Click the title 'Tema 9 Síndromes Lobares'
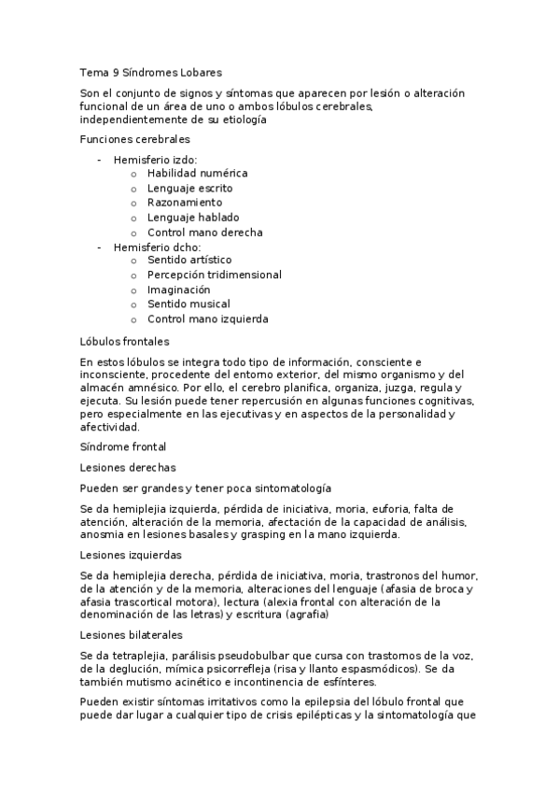click(x=151, y=72)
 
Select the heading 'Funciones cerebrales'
click(x=134, y=139)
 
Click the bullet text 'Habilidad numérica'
click(x=197, y=174)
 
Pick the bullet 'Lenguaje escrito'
click(x=189, y=188)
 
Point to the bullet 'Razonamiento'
click(x=185, y=203)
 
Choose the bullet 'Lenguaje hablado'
click(x=192, y=218)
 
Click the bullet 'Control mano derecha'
click(x=204, y=233)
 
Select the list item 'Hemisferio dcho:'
click(x=157, y=247)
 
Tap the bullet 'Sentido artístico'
click(x=189, y=260)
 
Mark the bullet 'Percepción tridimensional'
click(x=214, y=275)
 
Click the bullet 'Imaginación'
click(x=178, y=290)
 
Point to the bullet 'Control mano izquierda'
click(x=207, y=319)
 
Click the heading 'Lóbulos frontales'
click(x=124, y=342)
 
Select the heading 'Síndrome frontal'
click(x=123, y=447)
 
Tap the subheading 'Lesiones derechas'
click(x=128, y=467)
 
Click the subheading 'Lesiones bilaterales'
click(x=132, y=634)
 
